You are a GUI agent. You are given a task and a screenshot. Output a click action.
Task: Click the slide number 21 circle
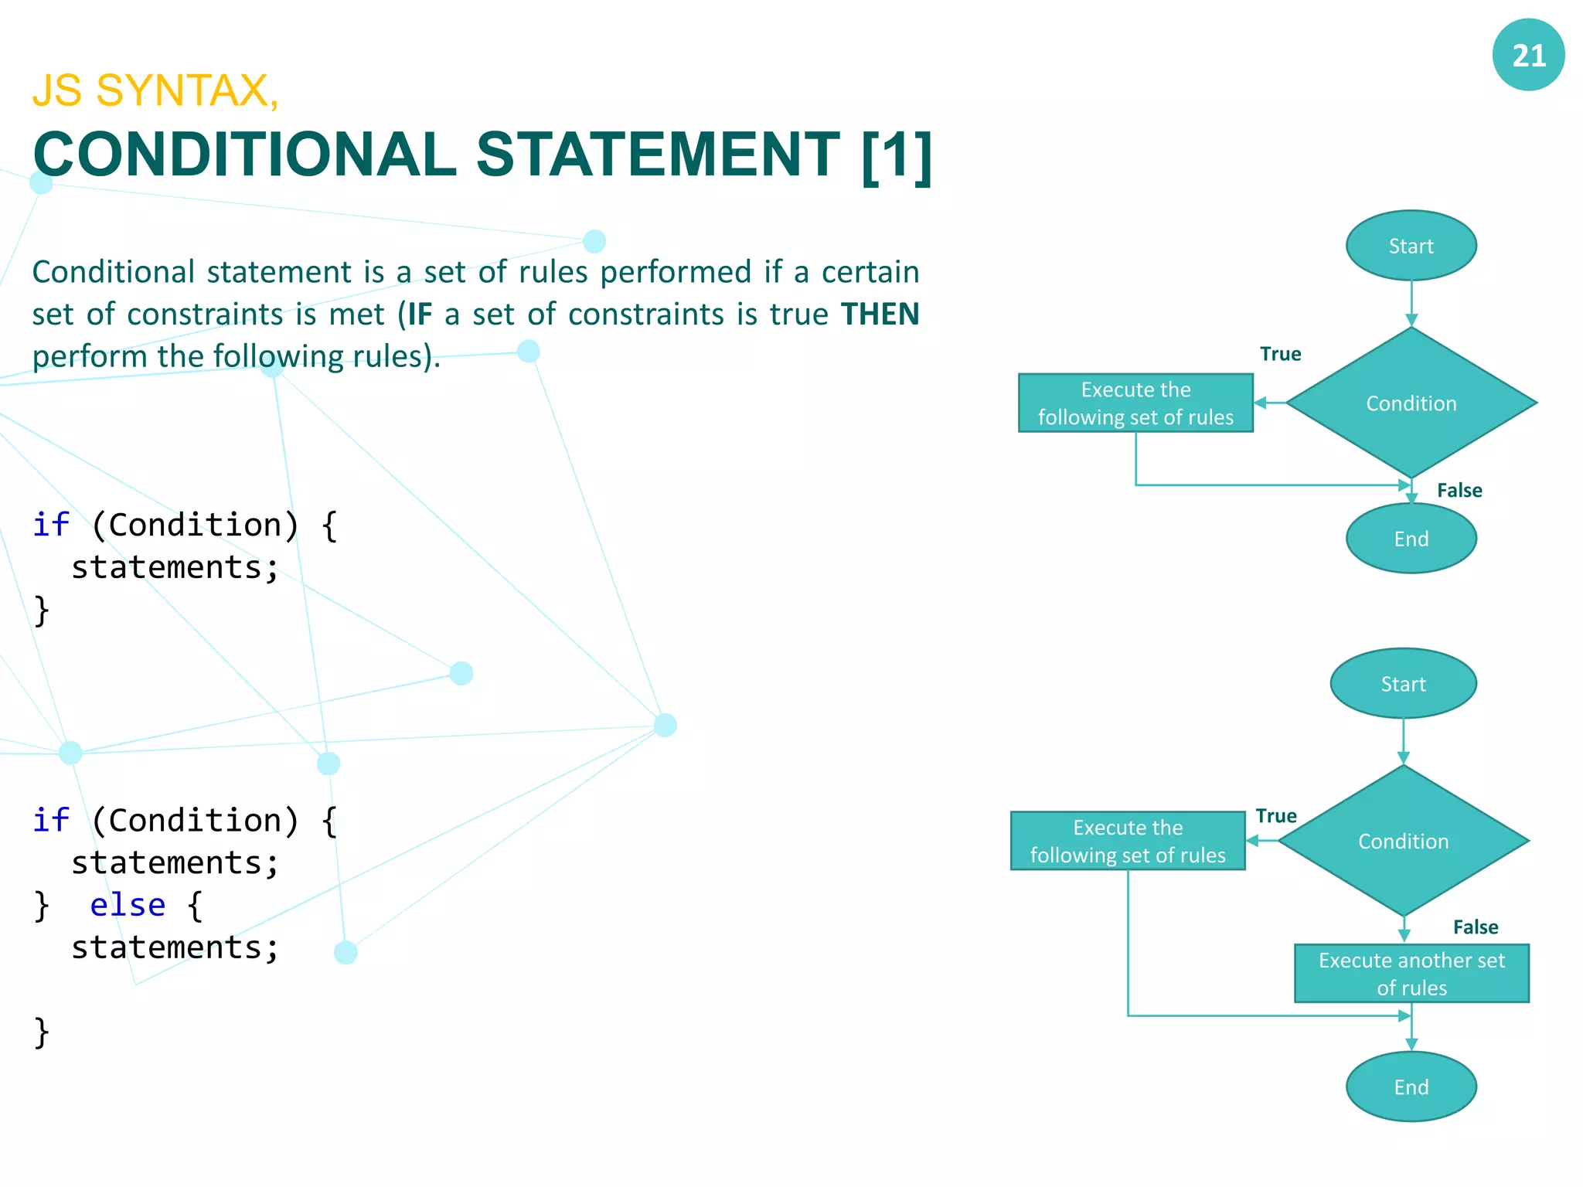pyautogui.click(x=1527, y=55)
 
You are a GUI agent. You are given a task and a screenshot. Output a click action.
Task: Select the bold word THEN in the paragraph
pyautogui.click(x=880, y=315)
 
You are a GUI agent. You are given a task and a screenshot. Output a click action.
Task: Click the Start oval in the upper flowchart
pyautogui.click(x=1411, y=246)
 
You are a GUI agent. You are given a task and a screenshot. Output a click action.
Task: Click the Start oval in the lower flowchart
pyautogui.click(x=1403, y=684)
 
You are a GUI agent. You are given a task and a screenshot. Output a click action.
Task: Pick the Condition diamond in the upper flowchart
pyautogui.click(x=1411, y=403)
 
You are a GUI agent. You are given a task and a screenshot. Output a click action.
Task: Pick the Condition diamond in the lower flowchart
pyautogui.click(x=1403, y=841)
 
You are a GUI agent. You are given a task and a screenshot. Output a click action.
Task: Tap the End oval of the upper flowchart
pyautogui.click(x=1411, y=539)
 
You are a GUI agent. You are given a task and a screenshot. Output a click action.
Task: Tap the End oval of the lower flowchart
pyautogui.click(x=1411, y=1087)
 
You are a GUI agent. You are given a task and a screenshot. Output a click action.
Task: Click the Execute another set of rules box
pyautogui.click(x=1411, y=974)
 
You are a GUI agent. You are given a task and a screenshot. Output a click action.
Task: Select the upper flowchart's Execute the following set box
pyautogui.click(x=1135, y=403)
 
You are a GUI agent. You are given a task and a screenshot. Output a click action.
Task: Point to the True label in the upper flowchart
pyautogui.click(x=1280, y=354)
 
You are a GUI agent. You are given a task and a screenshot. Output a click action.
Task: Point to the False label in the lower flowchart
pyautogui.click(x=1475, y=927)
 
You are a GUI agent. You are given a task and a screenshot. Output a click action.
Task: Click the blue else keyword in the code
pyautogui.click(x=128, y=905)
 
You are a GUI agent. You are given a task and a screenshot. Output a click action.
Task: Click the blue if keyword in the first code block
pyautogui.click(x=51, y=525)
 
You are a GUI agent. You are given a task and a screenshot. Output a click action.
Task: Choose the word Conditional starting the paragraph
pyautogui.click(x=114, y=272)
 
